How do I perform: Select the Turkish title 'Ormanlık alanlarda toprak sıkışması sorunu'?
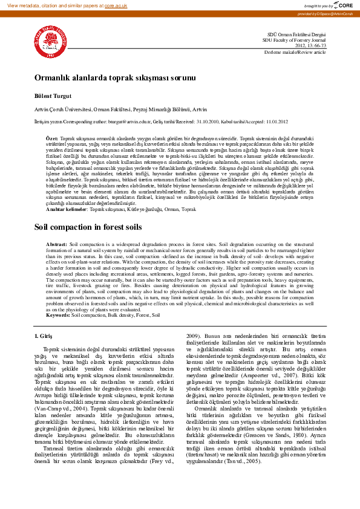114,78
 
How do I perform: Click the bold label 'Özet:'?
53,138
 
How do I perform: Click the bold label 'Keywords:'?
58,316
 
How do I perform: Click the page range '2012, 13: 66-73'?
310,46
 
